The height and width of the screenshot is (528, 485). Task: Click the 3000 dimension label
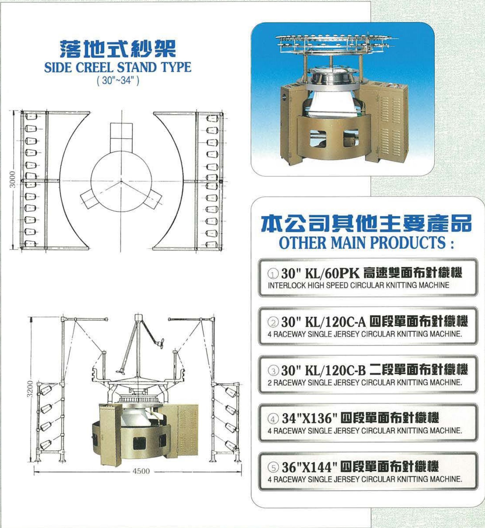coord(12,179)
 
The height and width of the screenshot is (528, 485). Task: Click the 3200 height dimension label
coord(30,389)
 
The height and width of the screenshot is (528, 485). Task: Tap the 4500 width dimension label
coord(141,471)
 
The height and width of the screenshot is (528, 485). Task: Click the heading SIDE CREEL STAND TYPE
coord(118,67)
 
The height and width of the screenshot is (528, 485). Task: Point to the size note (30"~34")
coord(118,81)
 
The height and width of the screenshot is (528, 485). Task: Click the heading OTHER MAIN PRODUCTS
coord(366,243)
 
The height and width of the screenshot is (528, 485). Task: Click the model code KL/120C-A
coord(335,322)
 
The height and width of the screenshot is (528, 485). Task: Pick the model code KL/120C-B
coord(335,370)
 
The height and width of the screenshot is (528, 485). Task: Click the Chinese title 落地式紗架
coord(118,48)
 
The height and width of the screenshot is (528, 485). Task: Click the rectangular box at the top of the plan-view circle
coord(121,137)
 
